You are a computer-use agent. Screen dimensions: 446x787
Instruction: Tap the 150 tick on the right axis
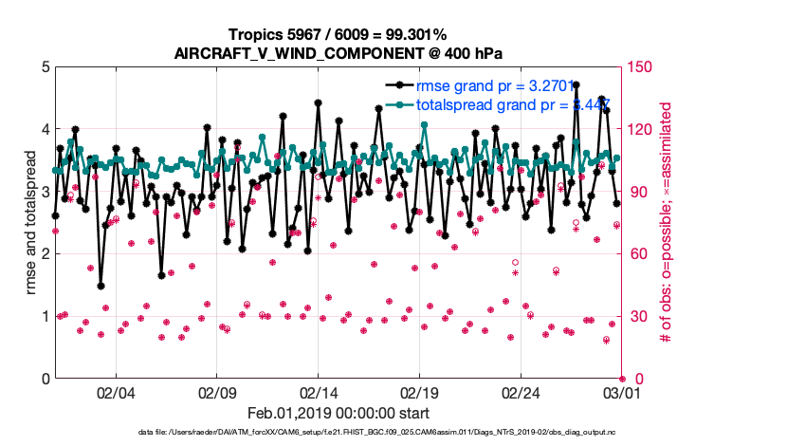[640, 67]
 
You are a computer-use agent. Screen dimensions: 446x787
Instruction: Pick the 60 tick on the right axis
[637, 254]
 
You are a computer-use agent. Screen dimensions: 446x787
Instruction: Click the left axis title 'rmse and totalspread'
[31, 223]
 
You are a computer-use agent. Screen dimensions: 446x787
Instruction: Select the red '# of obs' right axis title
[666, 223]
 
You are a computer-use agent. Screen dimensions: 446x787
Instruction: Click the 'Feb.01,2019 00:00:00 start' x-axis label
[339, 414]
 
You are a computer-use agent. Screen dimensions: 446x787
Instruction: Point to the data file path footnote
[375, 434]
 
